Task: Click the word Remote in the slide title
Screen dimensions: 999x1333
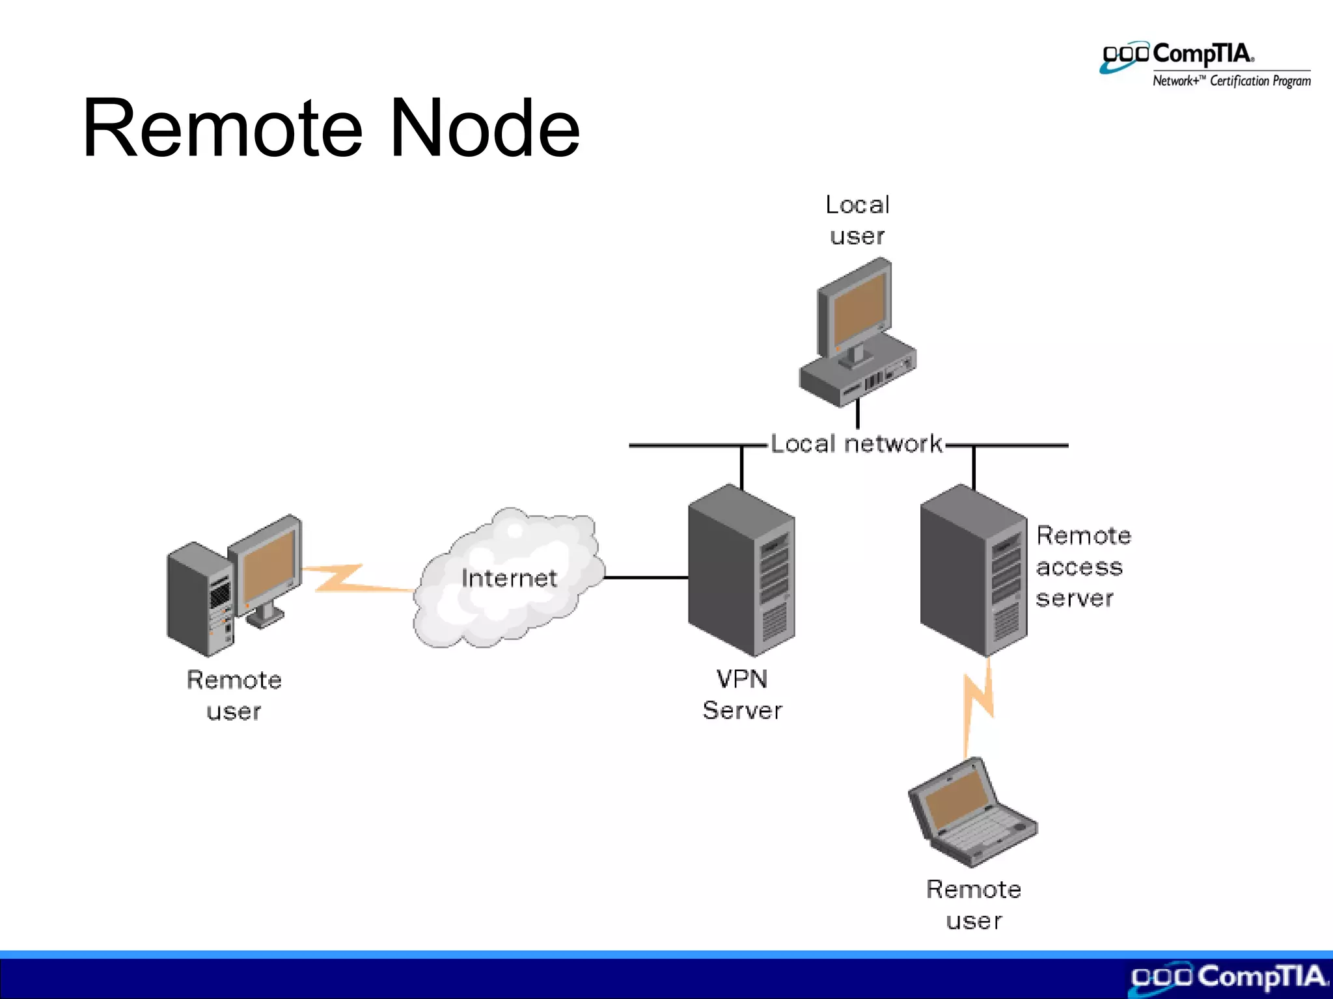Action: tap(221, 128)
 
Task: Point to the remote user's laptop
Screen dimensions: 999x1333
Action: tap(970, 813)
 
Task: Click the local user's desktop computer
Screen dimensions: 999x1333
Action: tap(857, 332)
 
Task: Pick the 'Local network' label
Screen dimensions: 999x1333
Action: tap(857, 444)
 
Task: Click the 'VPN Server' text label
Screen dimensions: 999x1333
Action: tap(742, 695)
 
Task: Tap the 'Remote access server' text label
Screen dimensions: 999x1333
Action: tap(1082, 566)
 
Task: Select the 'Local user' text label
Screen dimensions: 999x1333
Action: tap(857, 220)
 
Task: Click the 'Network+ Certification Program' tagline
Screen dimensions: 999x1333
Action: tap(1231, 81)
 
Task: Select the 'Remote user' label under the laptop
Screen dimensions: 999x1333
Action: tap(974, 905)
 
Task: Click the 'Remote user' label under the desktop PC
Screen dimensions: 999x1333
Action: tap(234, 695)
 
